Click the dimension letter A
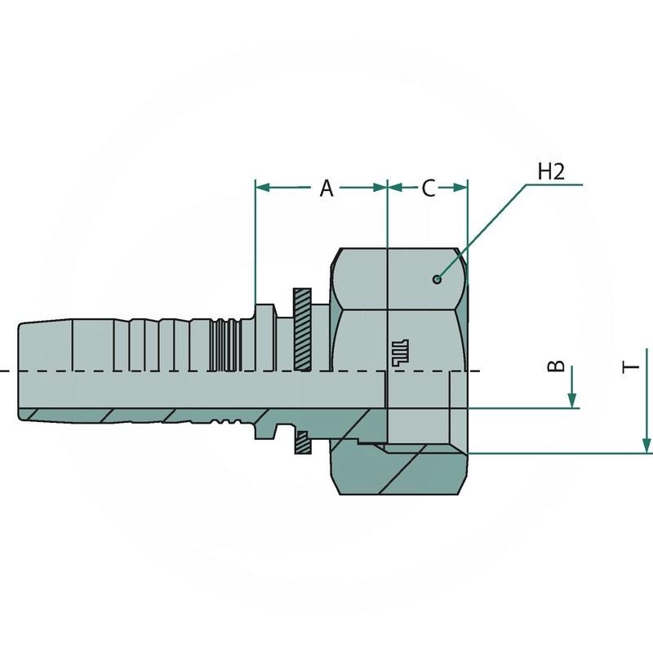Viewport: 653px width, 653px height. point(326,189)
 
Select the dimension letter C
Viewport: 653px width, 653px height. point(429,189)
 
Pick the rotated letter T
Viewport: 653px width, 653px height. point(631,367)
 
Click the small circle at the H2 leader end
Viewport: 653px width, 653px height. point(438,279)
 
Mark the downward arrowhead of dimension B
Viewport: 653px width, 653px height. point(572,399)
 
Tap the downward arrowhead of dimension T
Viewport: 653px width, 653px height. point(647,445)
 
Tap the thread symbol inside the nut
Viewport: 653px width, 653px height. point(398,350)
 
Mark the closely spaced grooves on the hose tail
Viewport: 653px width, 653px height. point(220,343)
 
